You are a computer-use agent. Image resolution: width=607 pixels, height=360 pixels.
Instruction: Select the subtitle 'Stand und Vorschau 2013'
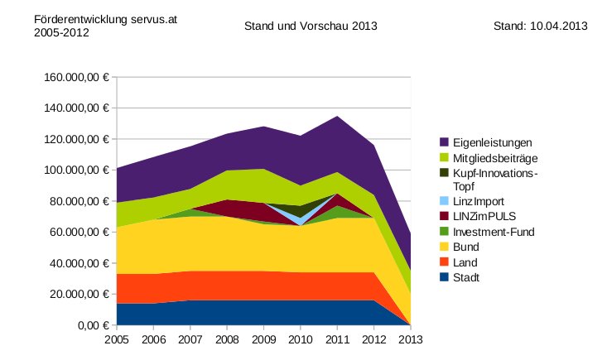coord(311,26)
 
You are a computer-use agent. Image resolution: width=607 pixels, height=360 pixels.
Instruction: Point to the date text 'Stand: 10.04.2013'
coord(540,26)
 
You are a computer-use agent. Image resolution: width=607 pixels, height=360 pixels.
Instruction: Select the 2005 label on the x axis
coord(118,338)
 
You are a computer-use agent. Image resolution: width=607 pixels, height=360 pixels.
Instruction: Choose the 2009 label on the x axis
coord(264,338)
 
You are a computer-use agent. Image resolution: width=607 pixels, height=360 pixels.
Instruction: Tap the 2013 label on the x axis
coord(411,338)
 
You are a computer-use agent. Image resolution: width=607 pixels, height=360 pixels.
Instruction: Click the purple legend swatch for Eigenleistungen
coord(444,142)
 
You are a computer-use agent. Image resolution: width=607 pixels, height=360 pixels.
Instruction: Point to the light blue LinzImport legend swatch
coord(444,201)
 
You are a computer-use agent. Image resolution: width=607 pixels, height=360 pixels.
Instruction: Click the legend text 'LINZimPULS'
coord(484,217)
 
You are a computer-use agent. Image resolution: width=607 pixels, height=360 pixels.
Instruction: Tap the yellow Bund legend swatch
coord(444,247)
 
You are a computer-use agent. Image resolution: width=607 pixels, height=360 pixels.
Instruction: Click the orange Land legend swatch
coord(444,262)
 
